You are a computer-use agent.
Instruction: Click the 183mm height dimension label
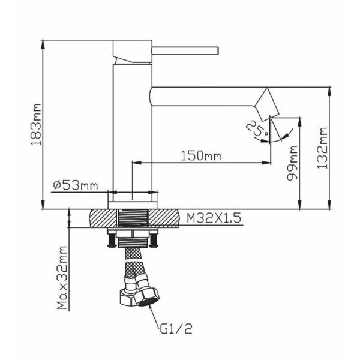pos(36,124)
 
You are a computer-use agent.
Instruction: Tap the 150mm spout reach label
pos(202,156)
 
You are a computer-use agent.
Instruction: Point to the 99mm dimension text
pos(292,163)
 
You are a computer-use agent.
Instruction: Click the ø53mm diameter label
pos(76,185)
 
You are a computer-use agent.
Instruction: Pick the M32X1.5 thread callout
pos(214,218)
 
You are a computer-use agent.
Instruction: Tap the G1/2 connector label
pos(176,329)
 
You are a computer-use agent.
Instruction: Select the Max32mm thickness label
pos(62,278)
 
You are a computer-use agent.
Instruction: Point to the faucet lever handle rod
pos(185,51)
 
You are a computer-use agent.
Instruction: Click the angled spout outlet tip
pos(267,104)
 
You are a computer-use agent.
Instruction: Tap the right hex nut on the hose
pos(146,296)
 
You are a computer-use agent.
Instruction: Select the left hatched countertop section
pos(103,218)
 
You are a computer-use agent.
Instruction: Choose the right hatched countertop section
pos(164,218)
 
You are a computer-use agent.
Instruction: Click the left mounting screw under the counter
pos(112,240)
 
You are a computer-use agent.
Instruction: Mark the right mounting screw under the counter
pos(154,240)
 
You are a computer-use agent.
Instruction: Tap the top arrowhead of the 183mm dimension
pos(43,44)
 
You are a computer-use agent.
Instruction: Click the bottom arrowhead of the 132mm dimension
pos(329,205)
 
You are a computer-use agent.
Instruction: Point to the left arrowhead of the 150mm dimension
pos(136,163)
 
